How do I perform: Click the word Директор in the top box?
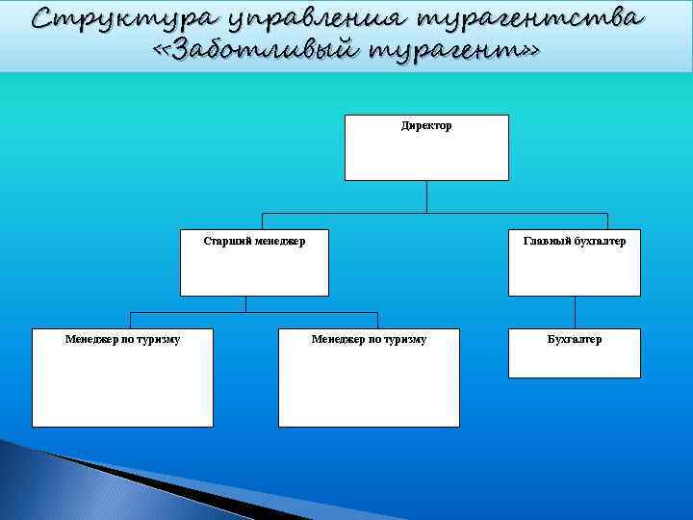[x=426, y=126]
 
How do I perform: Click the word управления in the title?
[x=312, y=18]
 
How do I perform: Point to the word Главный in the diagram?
[x=546, y=242]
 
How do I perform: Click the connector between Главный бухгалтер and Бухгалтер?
[x=575, y=312]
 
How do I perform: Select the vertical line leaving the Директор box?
[x=426, y=196]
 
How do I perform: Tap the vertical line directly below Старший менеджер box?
[x=246, y=303]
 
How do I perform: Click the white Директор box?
[x=426, y=154]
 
